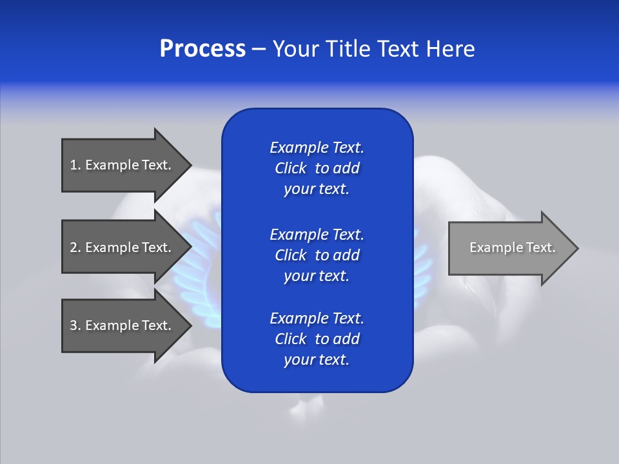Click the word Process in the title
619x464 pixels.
tap(202, 49)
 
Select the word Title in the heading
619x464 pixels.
tap(349, 49)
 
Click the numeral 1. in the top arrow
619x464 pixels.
tap(75, 165)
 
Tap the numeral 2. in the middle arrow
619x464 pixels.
tap(75, 247)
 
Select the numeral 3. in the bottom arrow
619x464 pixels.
tap(75, 325)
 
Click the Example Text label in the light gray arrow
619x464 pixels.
tap(512, 247)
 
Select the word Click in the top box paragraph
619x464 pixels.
tap(291, 168)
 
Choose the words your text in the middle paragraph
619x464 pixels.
tap(316, 276)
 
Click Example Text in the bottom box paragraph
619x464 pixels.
tap(317, 318)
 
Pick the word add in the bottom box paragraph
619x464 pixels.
tap(347, 339)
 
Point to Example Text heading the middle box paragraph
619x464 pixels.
tap(317, 234)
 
